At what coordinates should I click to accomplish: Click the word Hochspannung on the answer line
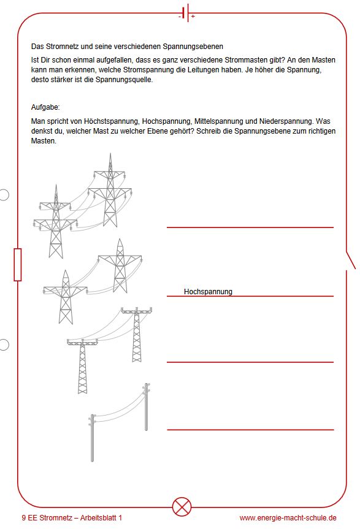point(208,292)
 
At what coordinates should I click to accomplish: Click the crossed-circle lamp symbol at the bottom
point(182,507)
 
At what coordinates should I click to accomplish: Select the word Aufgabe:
point(45,107)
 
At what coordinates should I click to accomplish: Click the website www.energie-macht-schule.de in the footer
point(288,518)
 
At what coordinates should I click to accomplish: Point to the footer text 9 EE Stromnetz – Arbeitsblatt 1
point(72,518)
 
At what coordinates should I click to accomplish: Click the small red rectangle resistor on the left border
point(18,265)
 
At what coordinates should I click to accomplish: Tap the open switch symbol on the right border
point(351,261)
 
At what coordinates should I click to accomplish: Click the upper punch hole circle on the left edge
point(4,195)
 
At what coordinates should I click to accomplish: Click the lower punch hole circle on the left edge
point(4,344)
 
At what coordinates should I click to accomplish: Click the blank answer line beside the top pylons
point(250,227)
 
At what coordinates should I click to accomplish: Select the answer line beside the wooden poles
point(250,430)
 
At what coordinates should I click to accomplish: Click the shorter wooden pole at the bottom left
point(92,438)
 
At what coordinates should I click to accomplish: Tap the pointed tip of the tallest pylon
point(110,153)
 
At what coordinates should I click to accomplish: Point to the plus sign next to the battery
point(193,16)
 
